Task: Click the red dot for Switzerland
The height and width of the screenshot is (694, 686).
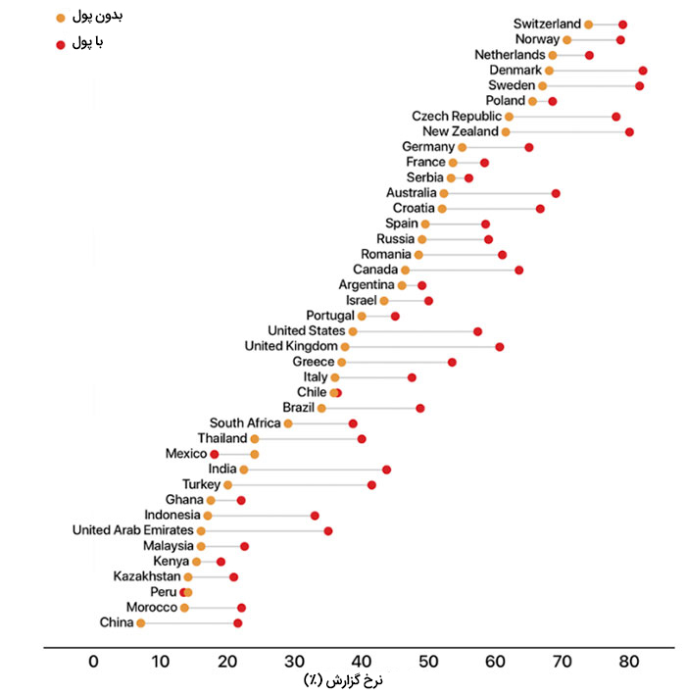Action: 622,25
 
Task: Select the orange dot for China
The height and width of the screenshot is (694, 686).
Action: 141,623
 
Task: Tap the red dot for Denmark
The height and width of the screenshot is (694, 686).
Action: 643,71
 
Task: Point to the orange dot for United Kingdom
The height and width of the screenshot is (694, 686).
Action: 345,347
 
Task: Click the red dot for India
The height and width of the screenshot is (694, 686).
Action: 386,470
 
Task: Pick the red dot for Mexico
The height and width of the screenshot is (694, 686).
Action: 215,455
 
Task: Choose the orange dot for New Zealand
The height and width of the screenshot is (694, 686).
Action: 506,131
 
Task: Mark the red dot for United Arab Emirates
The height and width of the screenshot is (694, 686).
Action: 328,531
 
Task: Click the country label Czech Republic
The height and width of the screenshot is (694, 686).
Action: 457,117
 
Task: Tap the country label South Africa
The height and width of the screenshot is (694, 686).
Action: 244,423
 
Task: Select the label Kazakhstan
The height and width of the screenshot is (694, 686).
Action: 146,576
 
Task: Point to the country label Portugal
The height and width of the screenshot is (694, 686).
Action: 329,316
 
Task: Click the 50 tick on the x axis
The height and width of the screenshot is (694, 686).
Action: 427,661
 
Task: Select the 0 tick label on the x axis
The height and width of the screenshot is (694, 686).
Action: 93,661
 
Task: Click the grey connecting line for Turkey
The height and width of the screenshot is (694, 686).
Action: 300,485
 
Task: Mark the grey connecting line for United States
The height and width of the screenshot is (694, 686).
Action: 416,331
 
